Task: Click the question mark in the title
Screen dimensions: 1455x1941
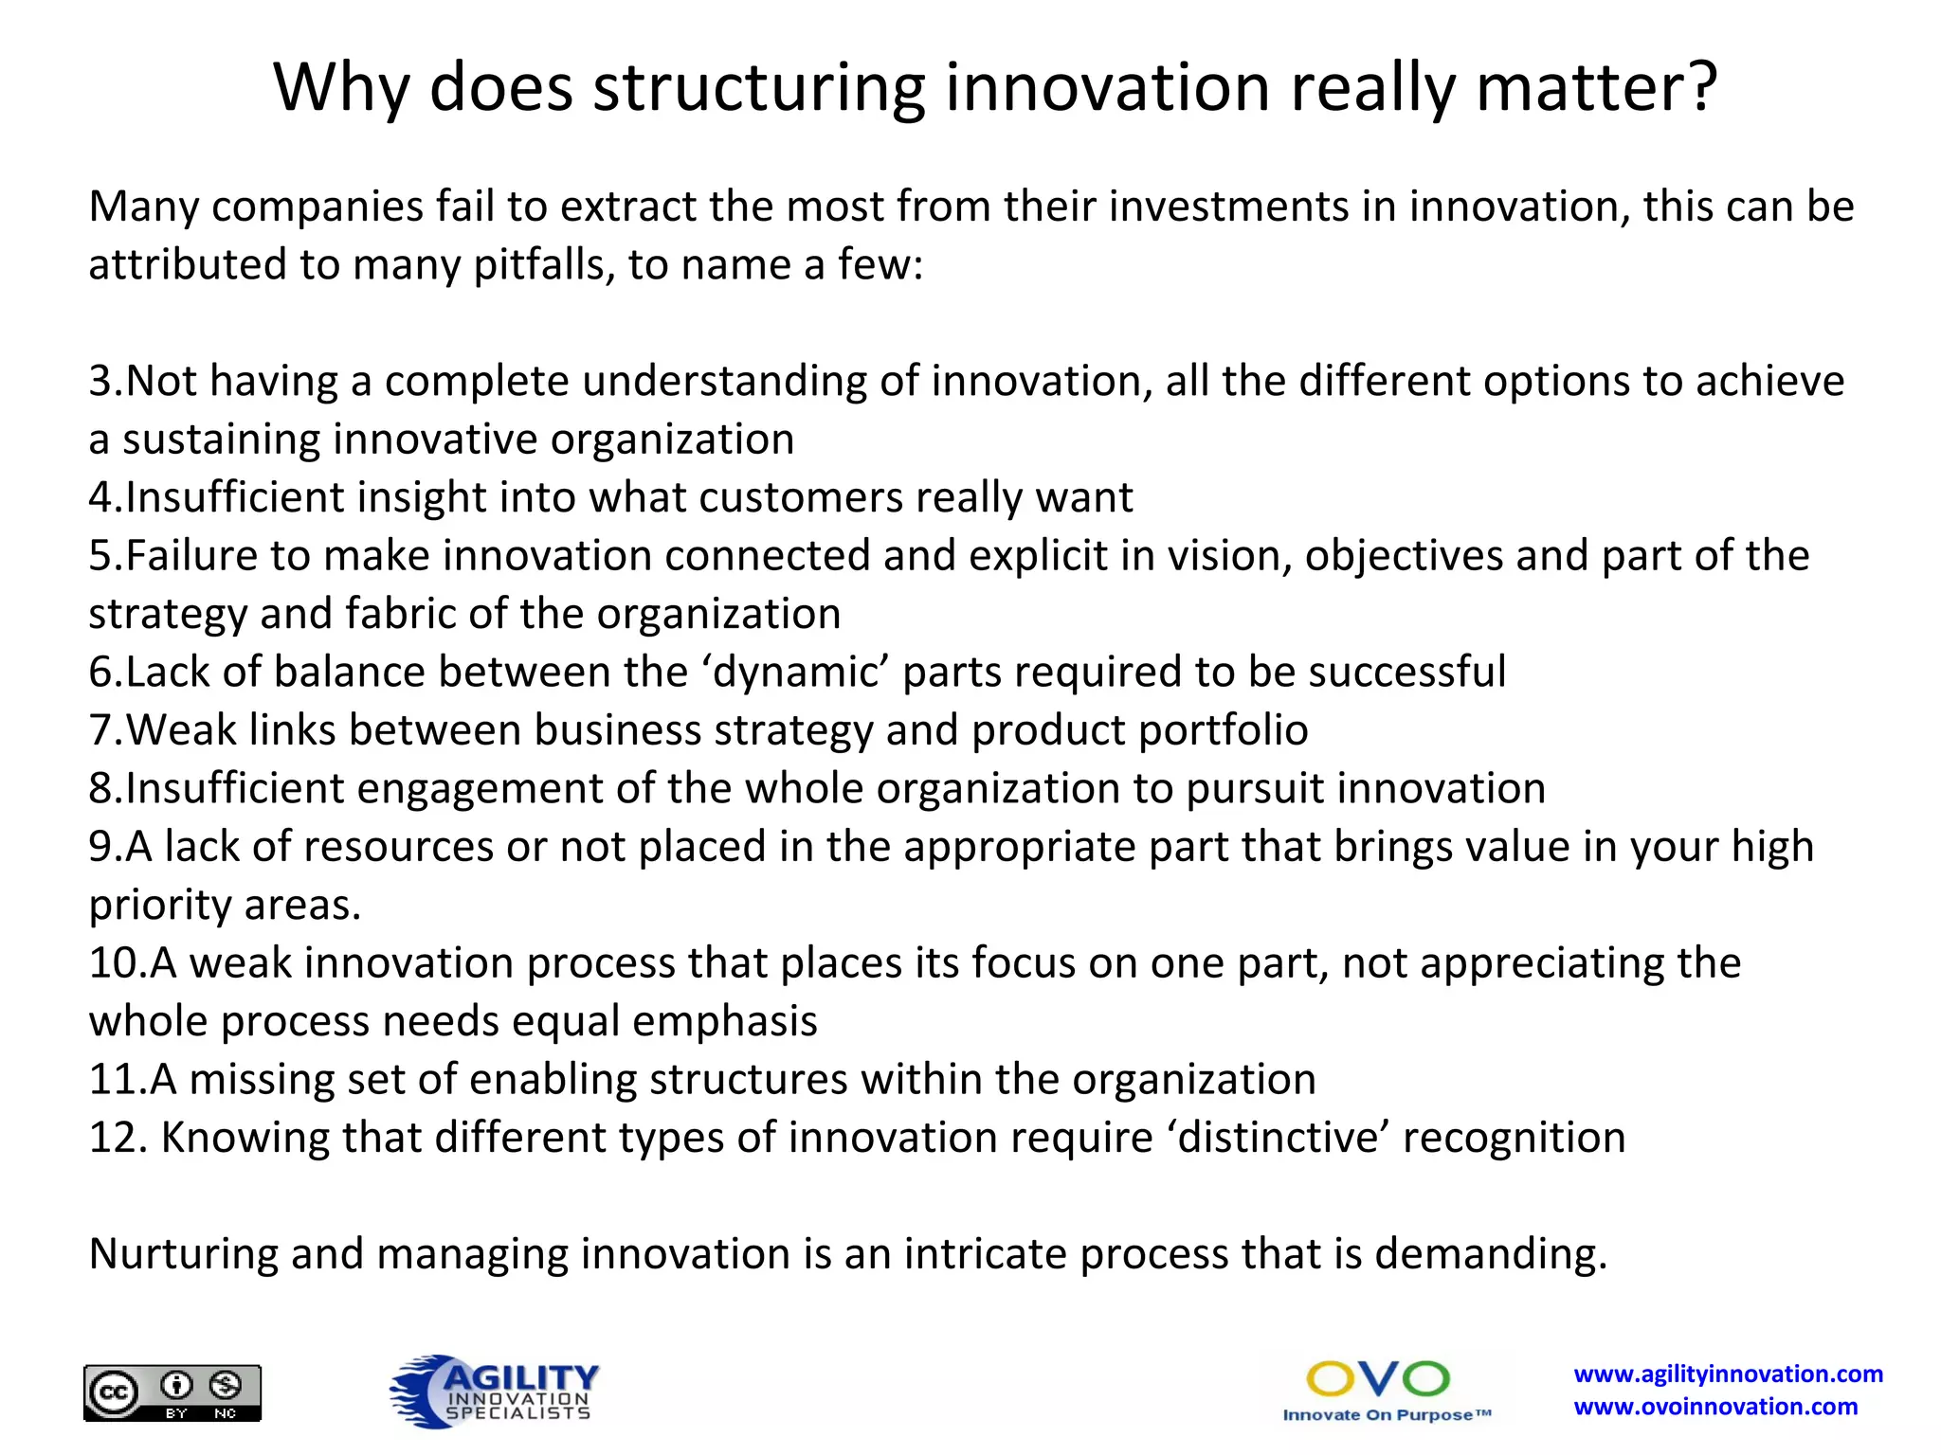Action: point(1697,87)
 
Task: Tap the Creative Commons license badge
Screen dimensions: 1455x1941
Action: point(172,1392)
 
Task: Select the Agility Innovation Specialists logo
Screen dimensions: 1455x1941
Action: point(495,1391)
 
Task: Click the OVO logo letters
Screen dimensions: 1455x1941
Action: point(1377,1379)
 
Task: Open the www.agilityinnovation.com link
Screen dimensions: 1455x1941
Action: point(1728,1374)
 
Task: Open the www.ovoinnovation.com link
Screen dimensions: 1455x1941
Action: point(1715,1407)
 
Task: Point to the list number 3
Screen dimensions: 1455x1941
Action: point(101,381)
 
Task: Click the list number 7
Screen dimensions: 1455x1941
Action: point(101,730)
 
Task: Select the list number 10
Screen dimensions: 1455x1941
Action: point(113,963)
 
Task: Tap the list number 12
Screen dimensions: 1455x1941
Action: point(113,1138)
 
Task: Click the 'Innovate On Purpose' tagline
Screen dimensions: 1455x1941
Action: point(1386,1415)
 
